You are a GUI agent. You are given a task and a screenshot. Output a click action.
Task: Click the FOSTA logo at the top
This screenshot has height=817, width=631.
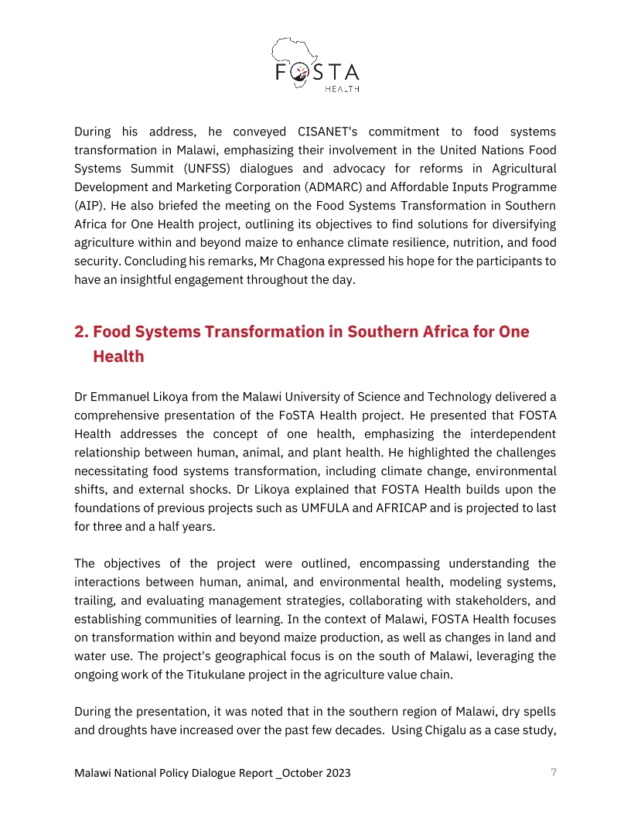pyautogui.click(x=315, y=65)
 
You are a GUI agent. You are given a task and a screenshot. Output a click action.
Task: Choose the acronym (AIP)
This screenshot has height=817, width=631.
pyautogui.click(x=89, y=205)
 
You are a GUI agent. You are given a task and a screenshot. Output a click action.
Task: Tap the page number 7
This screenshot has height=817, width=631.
pyautogui.click(x=553, y=772)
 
